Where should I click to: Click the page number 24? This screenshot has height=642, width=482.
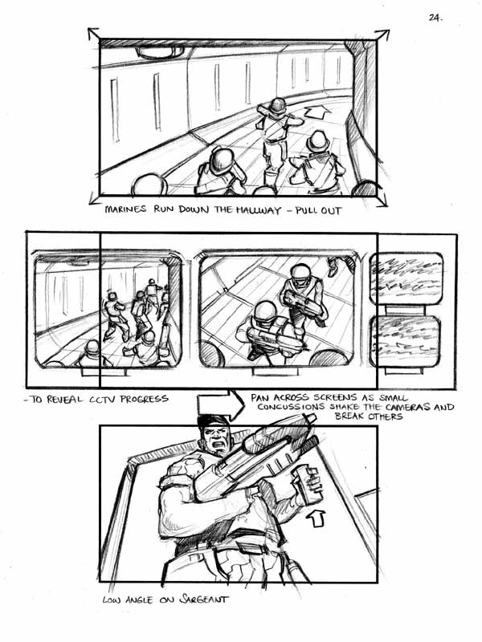pyautogui.click(x=435, y=18)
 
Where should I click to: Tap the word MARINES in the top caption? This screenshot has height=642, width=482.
pyautogui.click(x=125, y=209)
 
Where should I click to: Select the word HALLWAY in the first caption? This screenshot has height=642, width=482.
pyautogui.click(x=259, y=210)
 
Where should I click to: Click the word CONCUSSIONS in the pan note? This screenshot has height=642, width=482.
pyautogui.click(x=291, y=407)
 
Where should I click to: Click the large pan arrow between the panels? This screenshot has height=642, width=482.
pyautogui.click(x=221, y=405)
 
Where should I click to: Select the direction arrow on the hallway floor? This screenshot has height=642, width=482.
pyautogui.click(x=317, y=112)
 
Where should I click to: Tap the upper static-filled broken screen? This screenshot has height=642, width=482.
pyautogui.click(x=406, y=278)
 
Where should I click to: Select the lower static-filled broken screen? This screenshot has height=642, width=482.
pyautogui.click(x=406, y=342)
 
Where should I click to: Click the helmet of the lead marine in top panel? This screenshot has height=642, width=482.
pyautogui.click(x=277, y=105)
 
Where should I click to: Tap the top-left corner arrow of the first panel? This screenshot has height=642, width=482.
pyautogui.click(x=93, y=34)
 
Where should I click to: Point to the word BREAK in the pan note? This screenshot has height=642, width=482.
pyautogui.click(x=349, y=416)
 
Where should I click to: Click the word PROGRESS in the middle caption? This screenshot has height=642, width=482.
pyautogui.click(x=144, y=399)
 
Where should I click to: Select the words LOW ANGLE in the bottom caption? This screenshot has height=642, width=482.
pyautogui.click(x=127, y=600)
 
